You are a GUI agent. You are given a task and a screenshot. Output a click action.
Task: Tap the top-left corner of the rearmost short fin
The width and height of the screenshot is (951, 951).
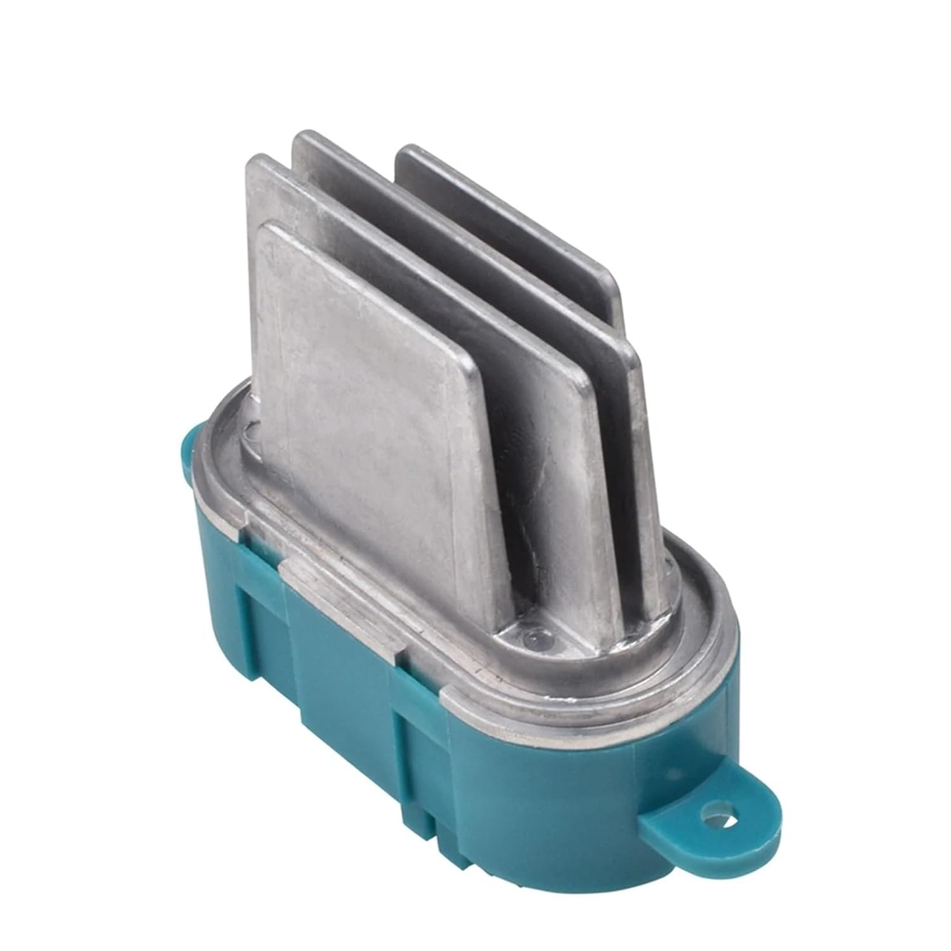tap(406, 152)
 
